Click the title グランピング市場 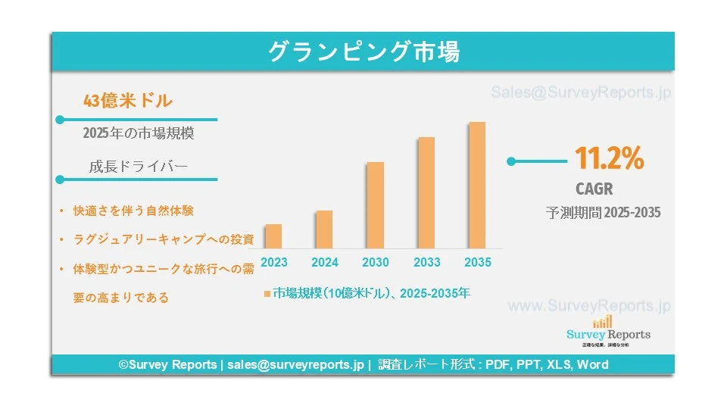tap(363, 52)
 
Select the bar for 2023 tap(273, 236)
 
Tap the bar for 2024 tap(324, 229)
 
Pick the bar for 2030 tap(375, 205)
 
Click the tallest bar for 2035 tap(477, 185)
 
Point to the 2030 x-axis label tap(375, 263)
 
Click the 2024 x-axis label tap(324, 263)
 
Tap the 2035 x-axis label tap(477, 263)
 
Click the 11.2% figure tap(609, 159)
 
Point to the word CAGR tap(594, 189)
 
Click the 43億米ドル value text tap(127, 100)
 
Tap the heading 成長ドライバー tap(138, 167)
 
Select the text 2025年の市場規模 tap(138, 133)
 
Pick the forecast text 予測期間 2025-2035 tap(604, 213)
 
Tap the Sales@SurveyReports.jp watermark tap(581, 93)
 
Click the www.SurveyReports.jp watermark tap(589, 306)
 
